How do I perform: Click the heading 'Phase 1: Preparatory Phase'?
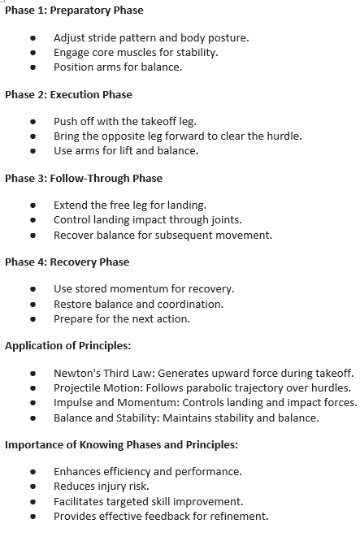click(x=74, y=11)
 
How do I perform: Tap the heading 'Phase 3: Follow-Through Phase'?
click(x=84, y=179)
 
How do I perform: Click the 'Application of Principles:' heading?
click(x=68, y=346)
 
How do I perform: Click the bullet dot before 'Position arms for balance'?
click(x=33, y=67)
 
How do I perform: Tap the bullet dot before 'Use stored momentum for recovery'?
click(x=33, y=290)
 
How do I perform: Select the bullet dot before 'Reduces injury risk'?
click(x=33, y=487)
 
